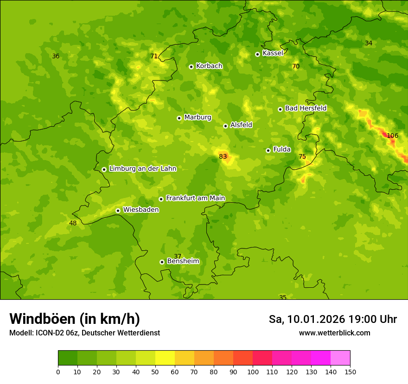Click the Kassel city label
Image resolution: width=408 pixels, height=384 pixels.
[273, 53]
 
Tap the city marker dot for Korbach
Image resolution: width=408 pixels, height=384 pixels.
[191, 67]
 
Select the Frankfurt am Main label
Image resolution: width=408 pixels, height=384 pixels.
[195, 198]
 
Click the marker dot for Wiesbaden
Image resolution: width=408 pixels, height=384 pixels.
[118, 211]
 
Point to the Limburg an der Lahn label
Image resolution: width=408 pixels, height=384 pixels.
[142, 169]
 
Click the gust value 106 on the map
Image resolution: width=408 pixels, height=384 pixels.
[392, 136]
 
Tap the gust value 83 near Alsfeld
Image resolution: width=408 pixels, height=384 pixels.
[223, 156]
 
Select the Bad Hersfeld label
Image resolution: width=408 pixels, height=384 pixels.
[306, 108]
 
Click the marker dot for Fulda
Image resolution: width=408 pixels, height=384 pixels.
[268, 150]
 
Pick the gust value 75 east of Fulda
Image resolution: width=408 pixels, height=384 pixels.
[302, 157]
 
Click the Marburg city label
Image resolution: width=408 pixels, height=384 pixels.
[198, 117]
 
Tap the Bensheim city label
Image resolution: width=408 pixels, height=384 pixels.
[183, 261]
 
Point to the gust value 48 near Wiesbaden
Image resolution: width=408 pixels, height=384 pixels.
[73, 223]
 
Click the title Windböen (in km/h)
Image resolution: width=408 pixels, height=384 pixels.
[75, 319]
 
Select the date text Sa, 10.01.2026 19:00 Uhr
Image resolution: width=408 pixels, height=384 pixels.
[332, 319]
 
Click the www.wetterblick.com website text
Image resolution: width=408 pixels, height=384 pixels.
[334, 333]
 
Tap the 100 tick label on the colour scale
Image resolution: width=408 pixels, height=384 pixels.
[253, 372]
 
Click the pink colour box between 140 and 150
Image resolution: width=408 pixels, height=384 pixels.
[340, 358]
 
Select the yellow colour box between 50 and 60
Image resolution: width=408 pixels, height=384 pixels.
[165, 358]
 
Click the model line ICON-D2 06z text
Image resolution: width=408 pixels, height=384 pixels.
[84, 333]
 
